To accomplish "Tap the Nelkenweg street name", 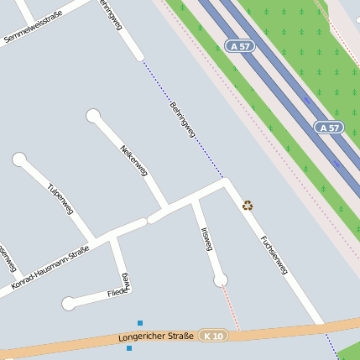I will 134,159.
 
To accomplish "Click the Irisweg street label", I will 206,238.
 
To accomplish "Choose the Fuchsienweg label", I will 274,255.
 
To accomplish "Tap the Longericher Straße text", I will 156,337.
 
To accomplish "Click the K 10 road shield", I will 213,336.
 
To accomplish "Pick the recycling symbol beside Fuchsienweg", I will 248,205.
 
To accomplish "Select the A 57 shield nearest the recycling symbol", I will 329,128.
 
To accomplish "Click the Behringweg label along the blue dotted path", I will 183,121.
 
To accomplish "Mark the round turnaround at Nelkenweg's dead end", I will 92,116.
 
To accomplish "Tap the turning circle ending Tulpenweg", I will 19,159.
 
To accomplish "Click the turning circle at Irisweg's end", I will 220,279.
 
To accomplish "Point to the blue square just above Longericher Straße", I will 140,322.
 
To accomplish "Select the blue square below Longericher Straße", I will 129,347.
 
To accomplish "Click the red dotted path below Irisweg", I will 231,306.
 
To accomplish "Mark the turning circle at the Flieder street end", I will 68,303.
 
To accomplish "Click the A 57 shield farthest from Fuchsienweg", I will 240,45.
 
